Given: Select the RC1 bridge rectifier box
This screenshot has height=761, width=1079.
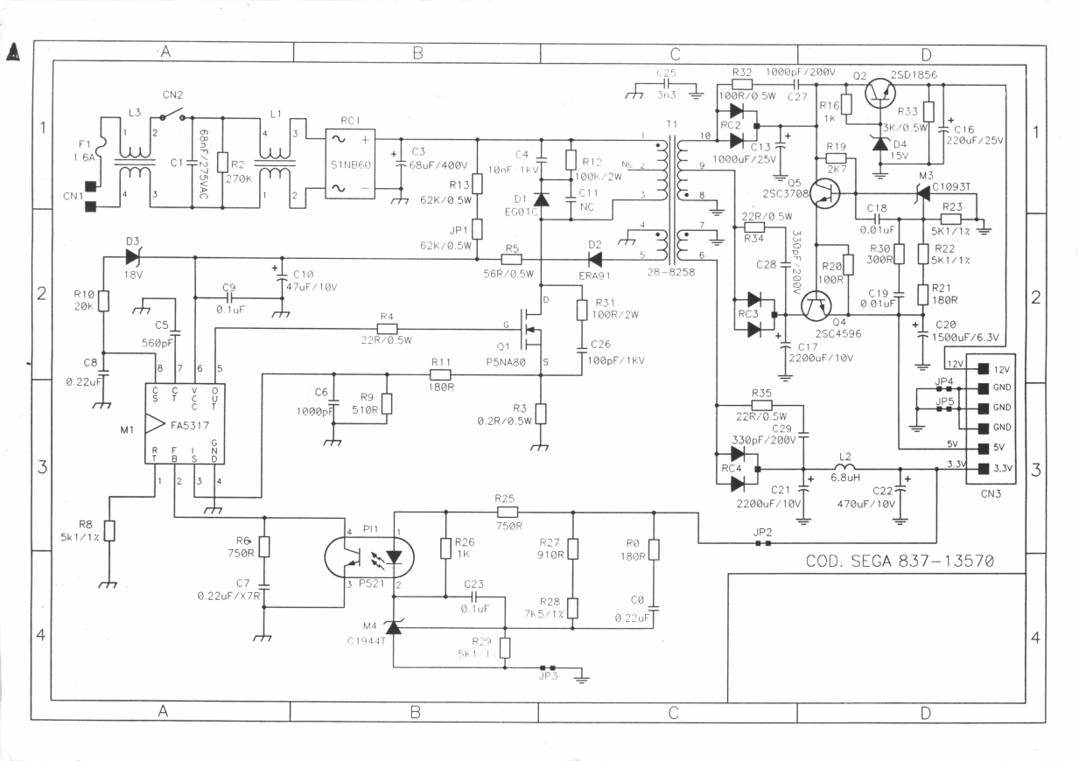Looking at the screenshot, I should pos(351,163).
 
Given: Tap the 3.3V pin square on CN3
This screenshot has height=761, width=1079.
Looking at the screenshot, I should pos(984,469).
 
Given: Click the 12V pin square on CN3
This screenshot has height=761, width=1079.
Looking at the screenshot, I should pos(984,369).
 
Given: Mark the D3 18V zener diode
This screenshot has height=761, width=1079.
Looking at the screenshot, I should pos(133,257).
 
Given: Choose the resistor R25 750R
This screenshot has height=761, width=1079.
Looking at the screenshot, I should pos(508,513).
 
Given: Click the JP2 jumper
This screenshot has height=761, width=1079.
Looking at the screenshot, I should pos(763,543).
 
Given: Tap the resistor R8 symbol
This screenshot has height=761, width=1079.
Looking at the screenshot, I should pos(109,530).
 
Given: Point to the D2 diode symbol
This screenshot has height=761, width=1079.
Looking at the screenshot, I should pos(595,258).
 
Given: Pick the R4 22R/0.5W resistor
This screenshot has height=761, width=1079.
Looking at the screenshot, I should pos(387,329).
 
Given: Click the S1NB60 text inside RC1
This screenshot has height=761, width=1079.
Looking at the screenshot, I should pos(350,164).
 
